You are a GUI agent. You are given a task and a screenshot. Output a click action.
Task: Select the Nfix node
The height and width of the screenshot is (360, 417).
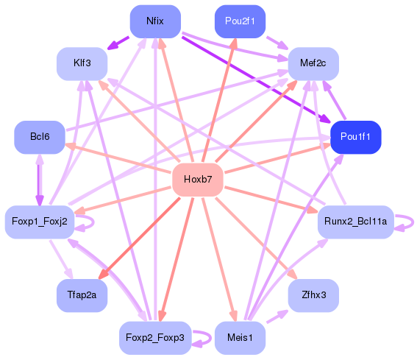tap(154, 21)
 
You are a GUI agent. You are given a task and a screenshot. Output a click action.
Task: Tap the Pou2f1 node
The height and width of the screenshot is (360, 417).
tap(240, 21)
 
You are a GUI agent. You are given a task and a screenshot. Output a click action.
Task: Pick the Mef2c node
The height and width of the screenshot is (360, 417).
tap(313, 63)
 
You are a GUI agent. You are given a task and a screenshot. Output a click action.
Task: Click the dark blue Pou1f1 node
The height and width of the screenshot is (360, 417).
tap(355, 137)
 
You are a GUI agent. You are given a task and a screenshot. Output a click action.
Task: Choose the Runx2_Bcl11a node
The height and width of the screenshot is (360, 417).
tap(356, 221)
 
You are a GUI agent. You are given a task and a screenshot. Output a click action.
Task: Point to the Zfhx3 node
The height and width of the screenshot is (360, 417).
tap(314, 294)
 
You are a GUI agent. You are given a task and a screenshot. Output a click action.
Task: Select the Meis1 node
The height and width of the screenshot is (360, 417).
tap(240, 338)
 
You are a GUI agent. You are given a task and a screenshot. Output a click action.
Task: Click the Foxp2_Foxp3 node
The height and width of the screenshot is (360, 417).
tap(155, 338)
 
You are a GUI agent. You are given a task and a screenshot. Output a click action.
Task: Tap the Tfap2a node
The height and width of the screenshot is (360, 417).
tap(82, 294)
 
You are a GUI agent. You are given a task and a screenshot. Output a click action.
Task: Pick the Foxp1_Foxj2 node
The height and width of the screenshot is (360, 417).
tap(39, 221)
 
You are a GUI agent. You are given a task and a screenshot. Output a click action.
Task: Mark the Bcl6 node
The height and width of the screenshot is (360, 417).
tap(40, 137)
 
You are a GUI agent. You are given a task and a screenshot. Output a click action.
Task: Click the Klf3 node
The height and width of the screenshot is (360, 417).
tap(82, 63)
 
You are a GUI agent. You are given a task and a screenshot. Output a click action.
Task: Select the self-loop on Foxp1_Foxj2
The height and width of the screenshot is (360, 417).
tap(87, 222)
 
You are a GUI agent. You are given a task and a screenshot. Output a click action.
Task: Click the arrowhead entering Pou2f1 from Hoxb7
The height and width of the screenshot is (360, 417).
tap(234, 43)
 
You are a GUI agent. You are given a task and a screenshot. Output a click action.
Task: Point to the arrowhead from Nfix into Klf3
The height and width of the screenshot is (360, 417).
tap(113, 46)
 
